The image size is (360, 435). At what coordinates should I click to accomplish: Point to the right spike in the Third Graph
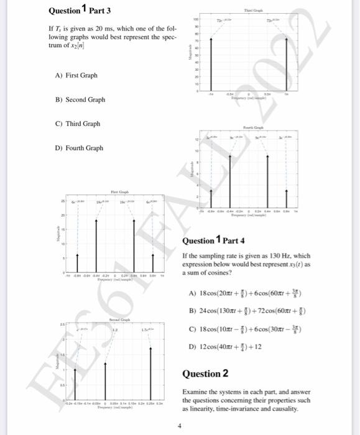286,62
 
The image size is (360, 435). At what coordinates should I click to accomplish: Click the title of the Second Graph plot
118,318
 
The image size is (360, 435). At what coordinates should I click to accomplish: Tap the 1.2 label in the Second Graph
114,331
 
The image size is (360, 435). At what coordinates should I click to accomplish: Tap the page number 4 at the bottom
180,426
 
